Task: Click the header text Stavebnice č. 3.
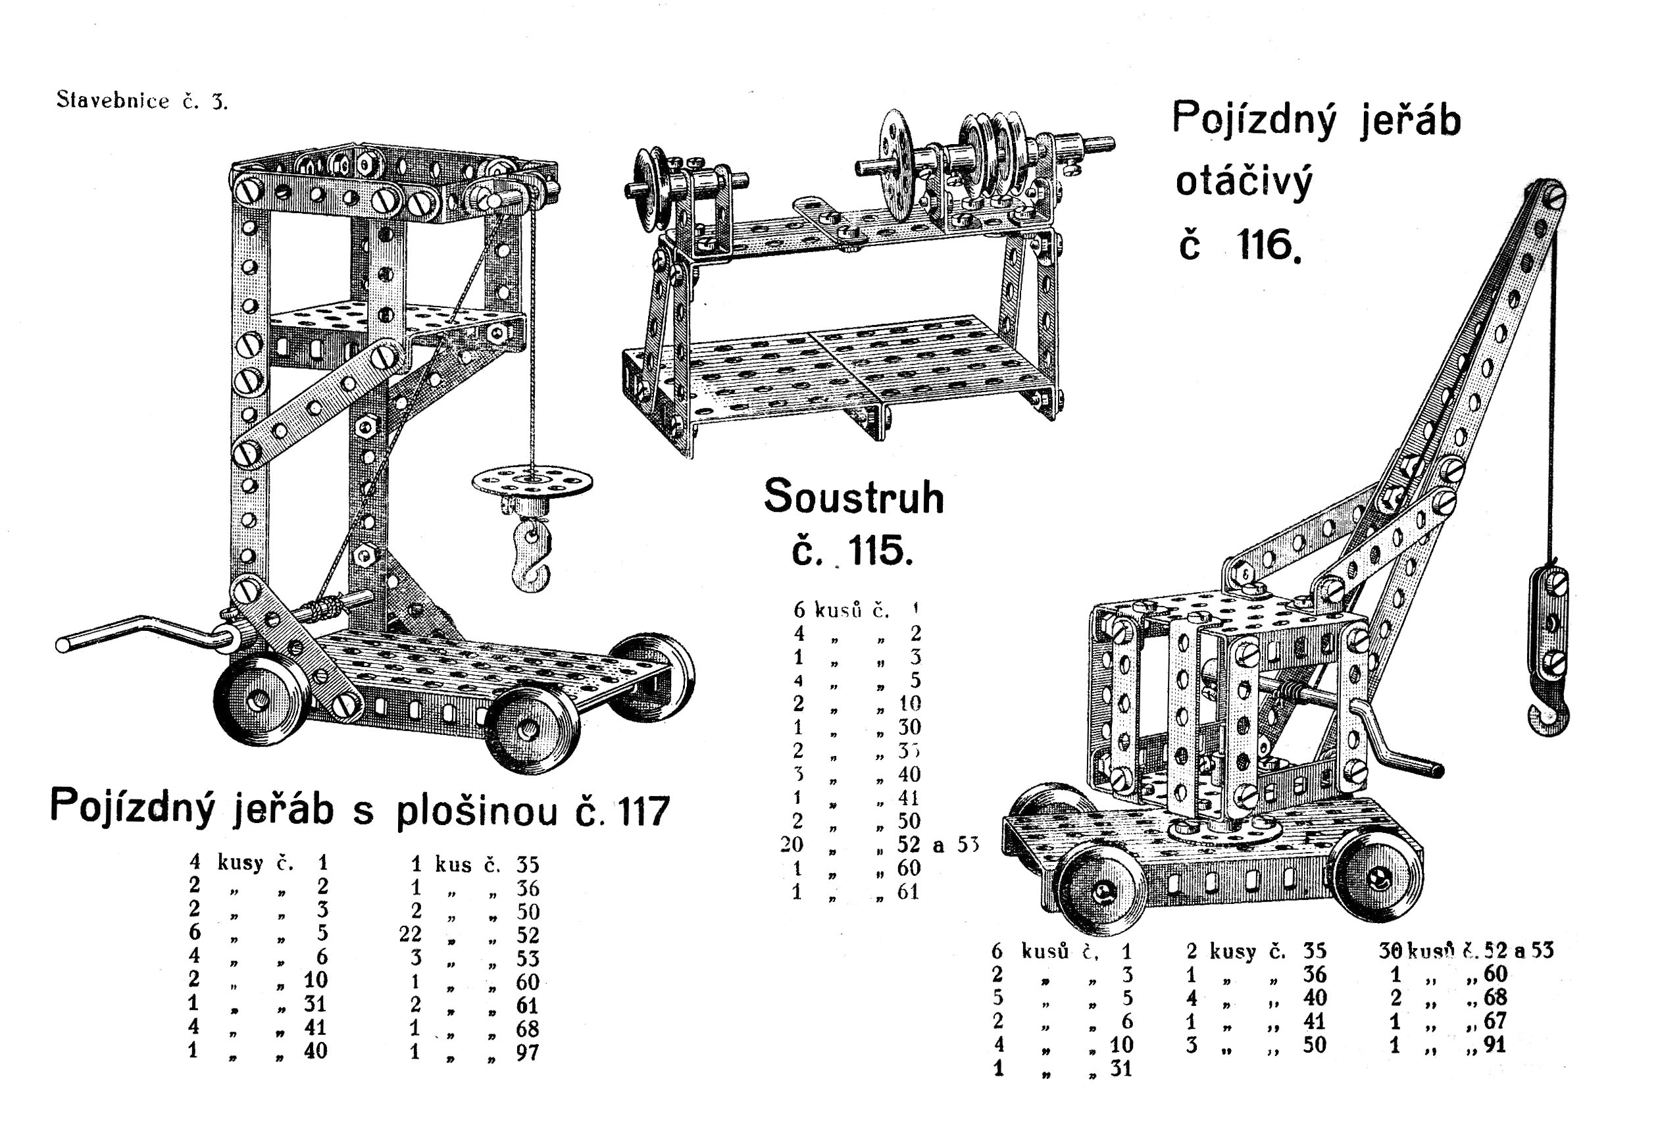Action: click(141, 101)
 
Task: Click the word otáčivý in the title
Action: click(1244, 182)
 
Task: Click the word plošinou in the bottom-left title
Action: click(476, 811)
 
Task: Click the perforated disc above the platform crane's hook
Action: click(532, 482)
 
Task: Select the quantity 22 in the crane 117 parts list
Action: click(410, 934)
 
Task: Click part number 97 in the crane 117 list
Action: click(527, 1052)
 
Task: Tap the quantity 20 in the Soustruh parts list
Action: click(792, 845)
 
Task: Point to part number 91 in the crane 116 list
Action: click(1495, 1045)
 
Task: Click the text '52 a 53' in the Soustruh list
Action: click(937, 845)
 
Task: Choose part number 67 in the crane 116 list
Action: click(1495, 1021)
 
